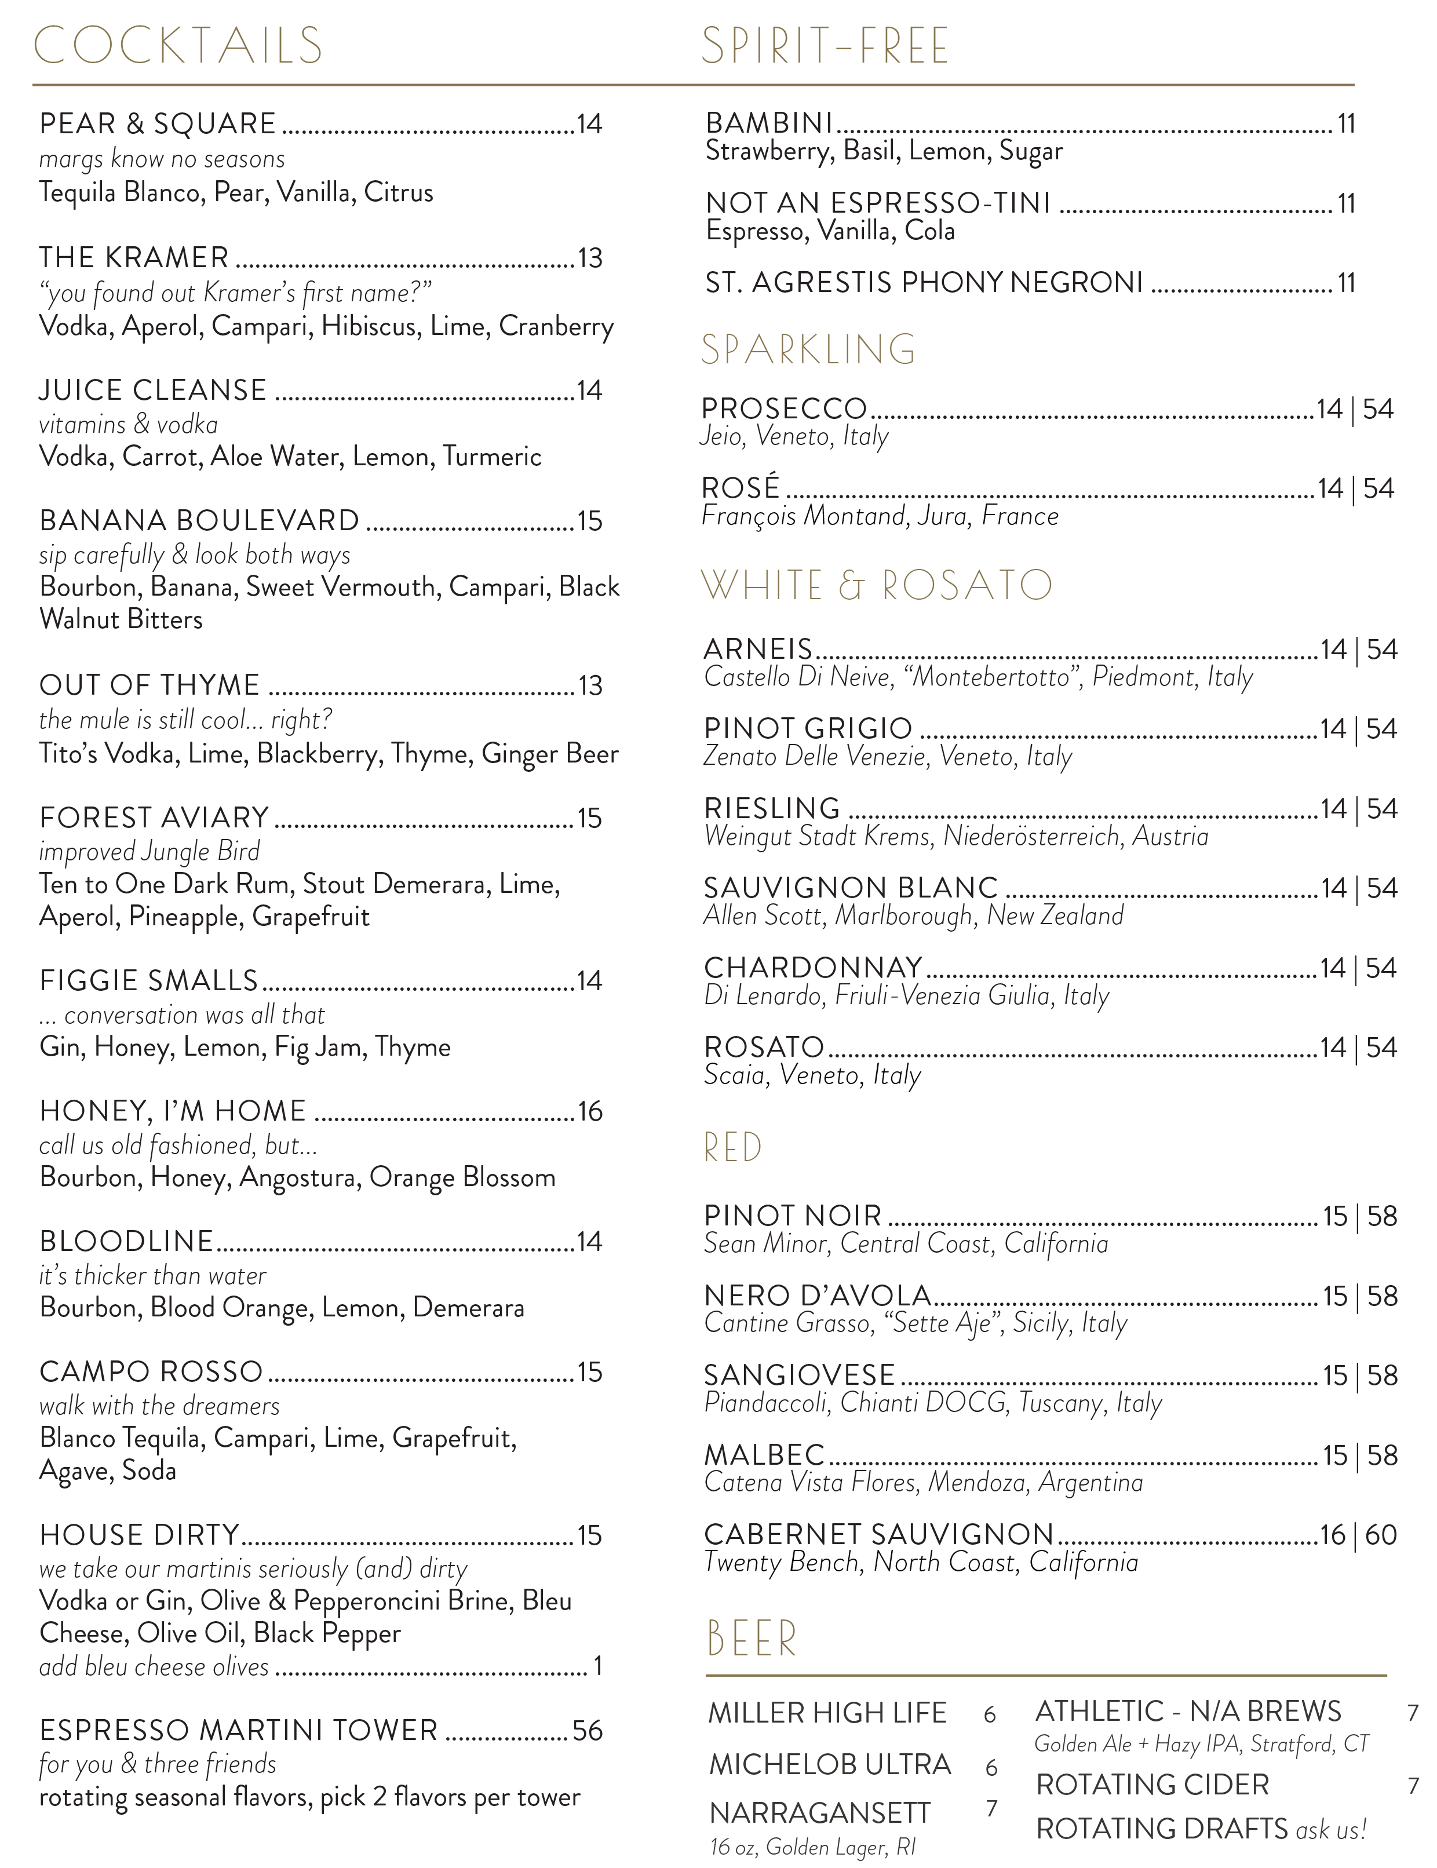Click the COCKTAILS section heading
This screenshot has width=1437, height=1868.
(177, 46)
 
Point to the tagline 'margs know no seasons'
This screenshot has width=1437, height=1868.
(162, 159)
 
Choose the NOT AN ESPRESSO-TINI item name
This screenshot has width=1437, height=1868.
(878, 203)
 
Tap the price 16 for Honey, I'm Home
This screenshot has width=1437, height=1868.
(590, 1112)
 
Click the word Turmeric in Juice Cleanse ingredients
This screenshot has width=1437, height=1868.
(492, 457)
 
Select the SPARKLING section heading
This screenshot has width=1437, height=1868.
(808, 350)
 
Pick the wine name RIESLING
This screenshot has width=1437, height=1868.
(772, 808)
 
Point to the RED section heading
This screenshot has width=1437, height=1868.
(732, 1148)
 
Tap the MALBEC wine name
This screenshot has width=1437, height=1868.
(764, 1455)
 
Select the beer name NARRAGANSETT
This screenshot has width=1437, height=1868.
(819, 1814)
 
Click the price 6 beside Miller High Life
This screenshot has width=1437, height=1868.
(990, 1715)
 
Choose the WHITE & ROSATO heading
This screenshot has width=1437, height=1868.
(877, 586)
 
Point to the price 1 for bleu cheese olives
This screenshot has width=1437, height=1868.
(599, 1666)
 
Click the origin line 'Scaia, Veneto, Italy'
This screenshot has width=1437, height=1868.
(812, 1075)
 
